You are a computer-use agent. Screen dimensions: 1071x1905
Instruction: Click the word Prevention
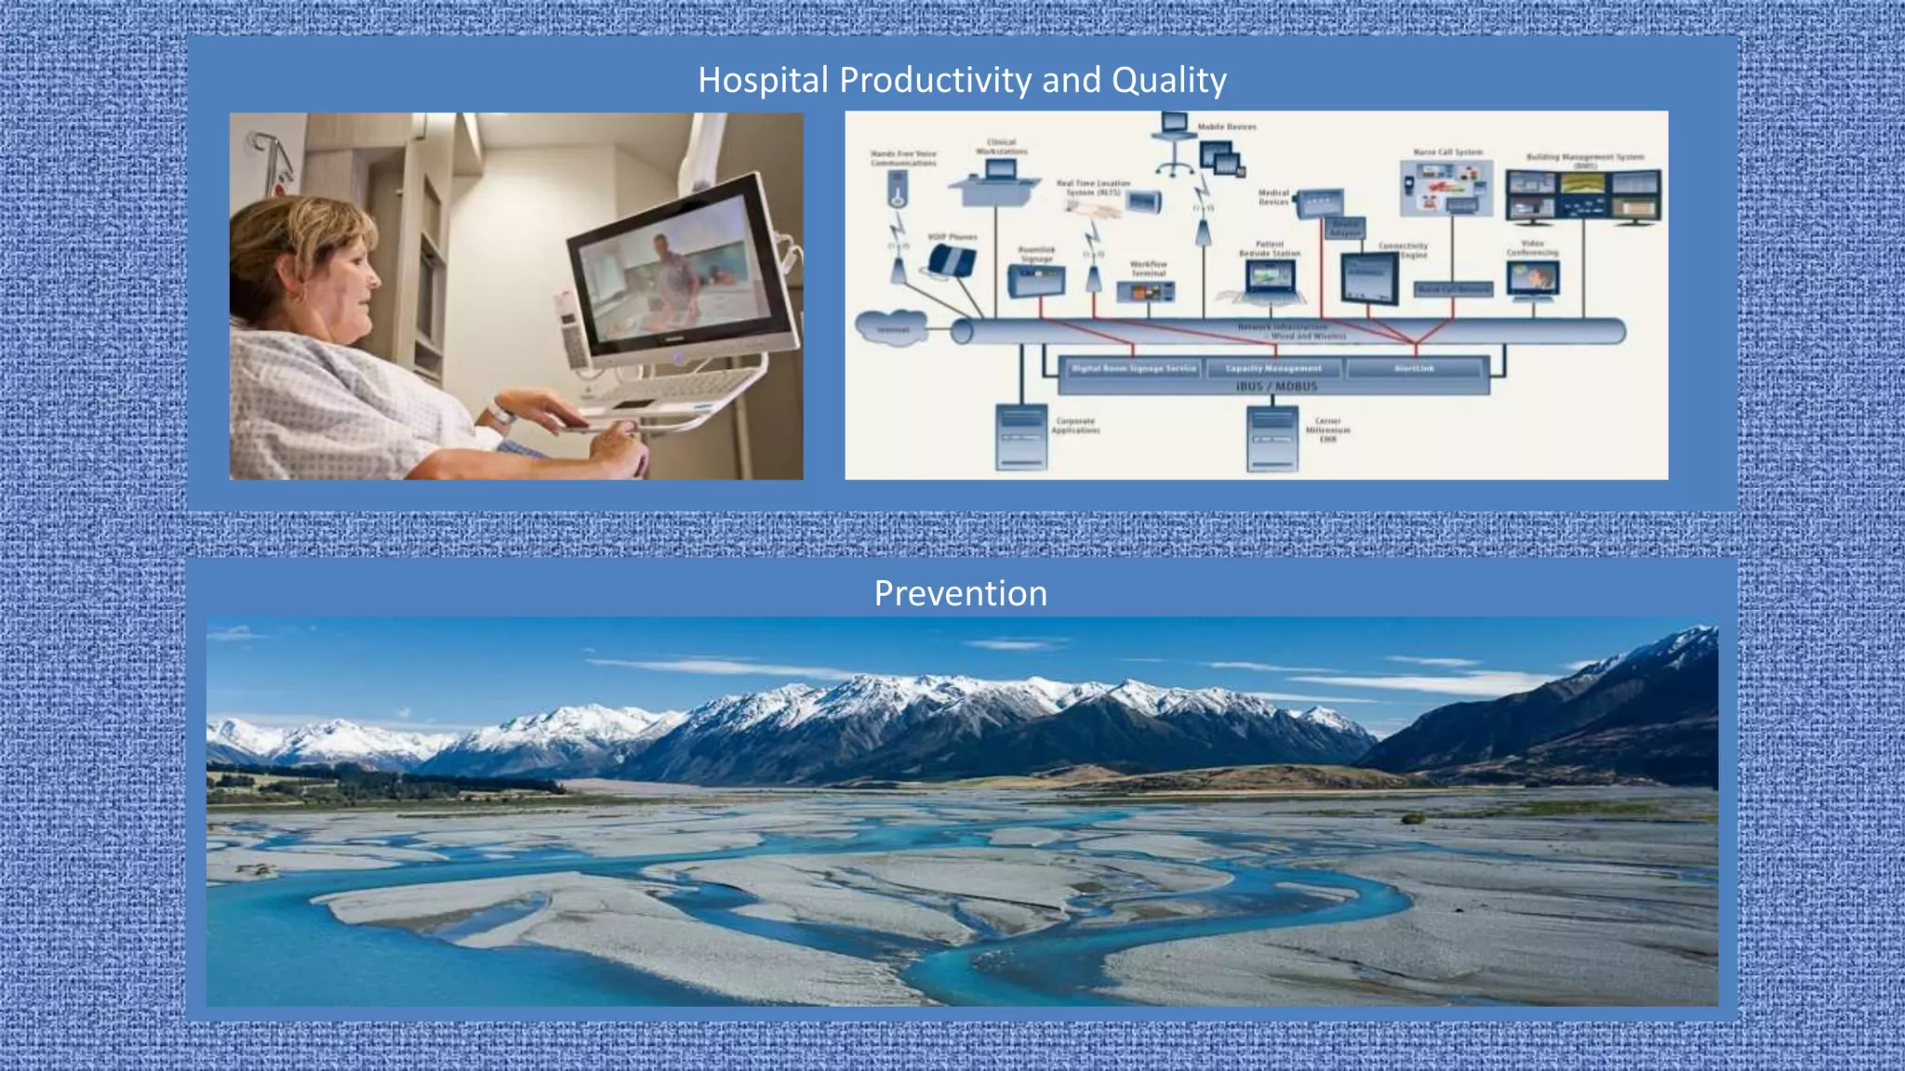(x=960, y=593)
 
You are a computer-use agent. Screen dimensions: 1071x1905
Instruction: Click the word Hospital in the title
(x=763, y=80)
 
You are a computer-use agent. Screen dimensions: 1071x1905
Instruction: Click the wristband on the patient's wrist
(x=501, y=412)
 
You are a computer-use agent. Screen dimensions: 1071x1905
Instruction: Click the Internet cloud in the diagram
(x=893, y=329)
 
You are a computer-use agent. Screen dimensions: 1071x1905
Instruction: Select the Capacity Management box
(x=1272, y=368)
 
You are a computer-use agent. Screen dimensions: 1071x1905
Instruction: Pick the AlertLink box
(x=1414, y=368)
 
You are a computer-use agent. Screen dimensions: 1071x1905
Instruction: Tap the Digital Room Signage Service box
(x=1133, y=368)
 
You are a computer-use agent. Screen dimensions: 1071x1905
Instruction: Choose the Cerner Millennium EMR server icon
(x=1272, y=437)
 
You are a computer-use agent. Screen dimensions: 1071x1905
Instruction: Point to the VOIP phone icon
(x=951, y=259)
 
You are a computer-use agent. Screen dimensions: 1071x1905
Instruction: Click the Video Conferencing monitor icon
(x=1532, y=278)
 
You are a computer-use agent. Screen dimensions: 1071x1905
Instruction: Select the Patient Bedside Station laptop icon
(x=1270, y=280)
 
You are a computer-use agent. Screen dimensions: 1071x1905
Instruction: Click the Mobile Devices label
(x=1227, y=126)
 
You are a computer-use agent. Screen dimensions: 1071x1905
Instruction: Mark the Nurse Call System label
(x=1447, y=152)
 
